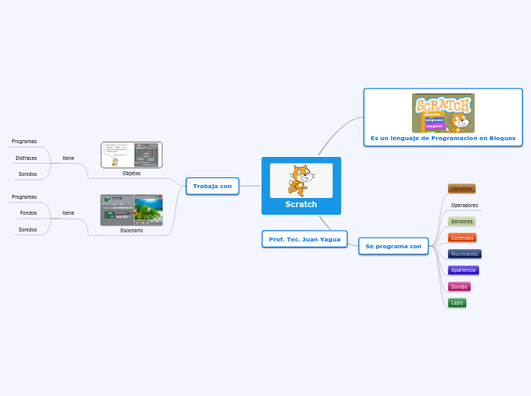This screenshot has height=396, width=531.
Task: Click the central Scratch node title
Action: point(301,204)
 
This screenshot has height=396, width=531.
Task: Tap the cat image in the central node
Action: point(301,180)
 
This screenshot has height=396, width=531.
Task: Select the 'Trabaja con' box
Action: point(212,186)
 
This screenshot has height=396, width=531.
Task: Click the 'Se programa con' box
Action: point(393,246)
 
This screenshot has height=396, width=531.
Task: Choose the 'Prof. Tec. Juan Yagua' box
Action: point(304,239)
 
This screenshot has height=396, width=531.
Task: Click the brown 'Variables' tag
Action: point(462,188)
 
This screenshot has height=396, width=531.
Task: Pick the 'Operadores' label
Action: point(464,205)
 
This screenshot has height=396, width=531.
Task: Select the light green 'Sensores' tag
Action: point(462,222)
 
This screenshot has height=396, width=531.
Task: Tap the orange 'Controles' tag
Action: point(462,238)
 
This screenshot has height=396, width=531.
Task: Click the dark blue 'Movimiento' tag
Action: point(464,254)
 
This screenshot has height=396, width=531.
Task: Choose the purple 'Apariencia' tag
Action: point(463,270)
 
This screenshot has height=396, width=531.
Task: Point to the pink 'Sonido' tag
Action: point(459,286)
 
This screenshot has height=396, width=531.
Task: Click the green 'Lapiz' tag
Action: point(457,302)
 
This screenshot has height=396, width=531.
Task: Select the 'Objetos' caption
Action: point(131,173)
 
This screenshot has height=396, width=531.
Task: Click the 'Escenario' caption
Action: point(131,230)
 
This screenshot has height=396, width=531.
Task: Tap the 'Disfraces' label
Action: point(26,158)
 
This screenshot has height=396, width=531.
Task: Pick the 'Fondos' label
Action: point(28,213)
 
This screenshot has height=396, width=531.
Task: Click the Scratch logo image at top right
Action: point(443,113)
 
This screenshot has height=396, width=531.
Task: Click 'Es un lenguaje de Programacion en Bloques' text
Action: point(443,139)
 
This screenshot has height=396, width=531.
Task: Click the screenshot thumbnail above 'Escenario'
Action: point(131,210)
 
